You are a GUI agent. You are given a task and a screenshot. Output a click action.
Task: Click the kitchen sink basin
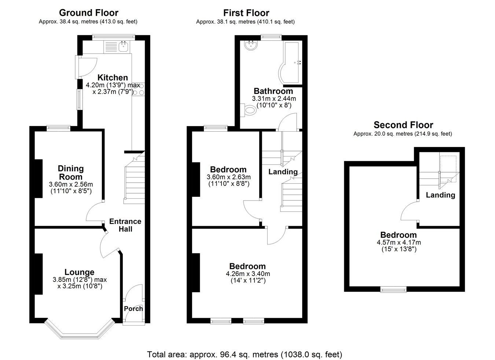coord(123,47)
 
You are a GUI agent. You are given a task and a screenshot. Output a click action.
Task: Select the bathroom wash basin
coord(251,45)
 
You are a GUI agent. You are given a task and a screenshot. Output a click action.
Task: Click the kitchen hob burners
coord(139,89)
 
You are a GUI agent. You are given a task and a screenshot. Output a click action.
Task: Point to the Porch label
coord(133,309)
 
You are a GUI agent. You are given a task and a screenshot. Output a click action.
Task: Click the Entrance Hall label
coord(125,225)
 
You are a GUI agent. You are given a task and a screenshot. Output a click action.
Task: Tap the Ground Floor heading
coord(89,13)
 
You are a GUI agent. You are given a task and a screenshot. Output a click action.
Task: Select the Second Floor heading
coord(403,125)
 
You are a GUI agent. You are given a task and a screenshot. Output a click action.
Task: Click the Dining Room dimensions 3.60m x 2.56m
coord(71,184)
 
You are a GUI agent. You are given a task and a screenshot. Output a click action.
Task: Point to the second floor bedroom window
coord(393,289)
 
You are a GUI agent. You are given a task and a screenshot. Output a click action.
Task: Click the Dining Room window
coord(59,128)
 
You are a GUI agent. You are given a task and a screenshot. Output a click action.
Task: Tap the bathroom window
coord(271,37)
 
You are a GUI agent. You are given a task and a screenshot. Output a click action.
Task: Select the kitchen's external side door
coord(77,67)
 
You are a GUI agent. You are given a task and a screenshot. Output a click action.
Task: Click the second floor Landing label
coord(440,195)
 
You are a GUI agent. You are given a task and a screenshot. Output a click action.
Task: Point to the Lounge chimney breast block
coord(38,274)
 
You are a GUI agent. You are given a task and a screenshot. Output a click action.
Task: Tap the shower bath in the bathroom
coord(290,63)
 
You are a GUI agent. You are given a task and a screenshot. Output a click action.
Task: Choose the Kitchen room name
coord(113,78)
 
